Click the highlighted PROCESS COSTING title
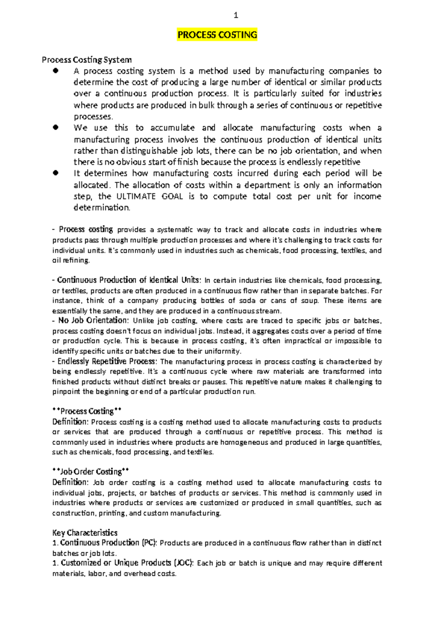click(217, 35)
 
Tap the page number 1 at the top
click(236, 15)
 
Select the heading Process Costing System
click(87, 59)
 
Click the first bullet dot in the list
click(55, 71)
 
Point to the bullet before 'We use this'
click(55, 128)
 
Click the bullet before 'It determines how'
click(55, 173)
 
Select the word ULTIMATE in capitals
click(136, 196)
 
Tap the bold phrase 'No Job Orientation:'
click(93, 320)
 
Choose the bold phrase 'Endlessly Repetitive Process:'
click(107, 361)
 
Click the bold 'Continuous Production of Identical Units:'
click(128, 280)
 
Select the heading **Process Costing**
click(87, 411)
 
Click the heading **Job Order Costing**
click(91, 472)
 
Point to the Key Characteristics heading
click(85, 533)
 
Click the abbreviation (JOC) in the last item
click(183, 563)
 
